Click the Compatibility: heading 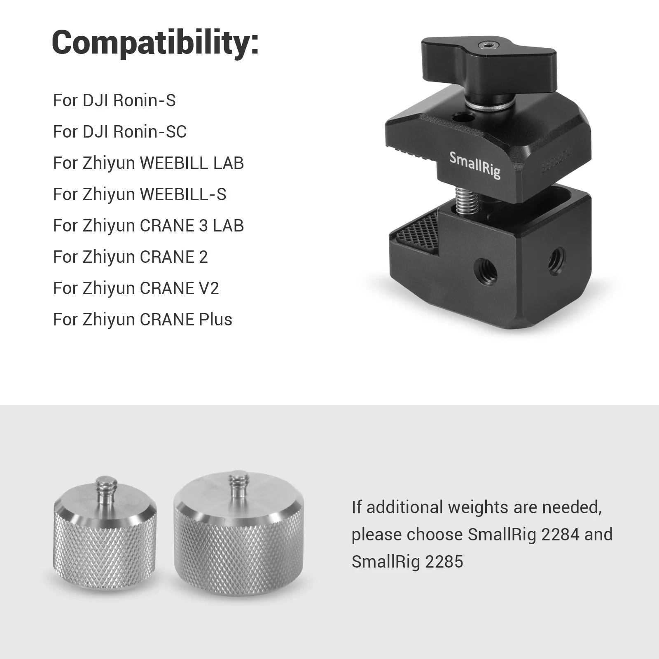(x=155, y=43)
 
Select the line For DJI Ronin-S (x=114, y=100)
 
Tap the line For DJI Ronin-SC (x=119, y=132)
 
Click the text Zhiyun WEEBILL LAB (x=163, y=163)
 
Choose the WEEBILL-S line (x=140, y=194)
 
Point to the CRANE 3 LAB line (x=148, y=226)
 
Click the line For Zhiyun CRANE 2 (x=130, y=257)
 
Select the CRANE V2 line (x=136, y=288)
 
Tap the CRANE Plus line (x=143, y=320)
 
